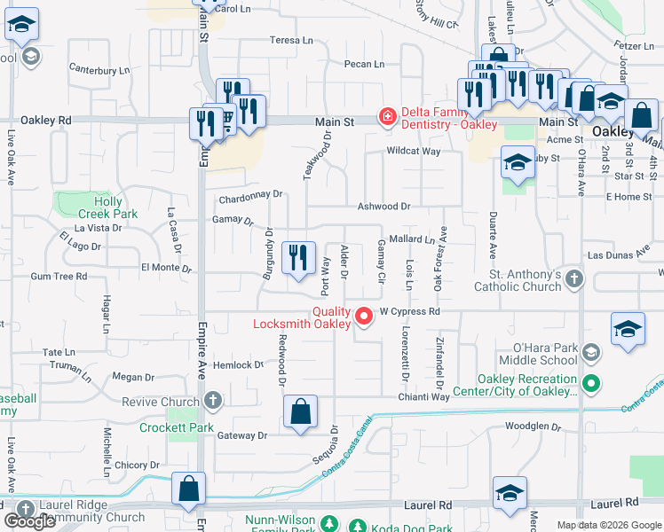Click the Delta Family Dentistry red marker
pos(387,116)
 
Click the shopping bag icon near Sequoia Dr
pos(301,411)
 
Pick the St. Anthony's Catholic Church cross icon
pos(574,280)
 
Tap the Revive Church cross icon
pos(212,402)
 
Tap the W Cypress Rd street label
pos(410,312)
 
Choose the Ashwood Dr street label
pos(383,206)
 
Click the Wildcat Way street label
pos(414,152)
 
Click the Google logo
pos(29,521)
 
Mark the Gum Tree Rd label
pos(59,277)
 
